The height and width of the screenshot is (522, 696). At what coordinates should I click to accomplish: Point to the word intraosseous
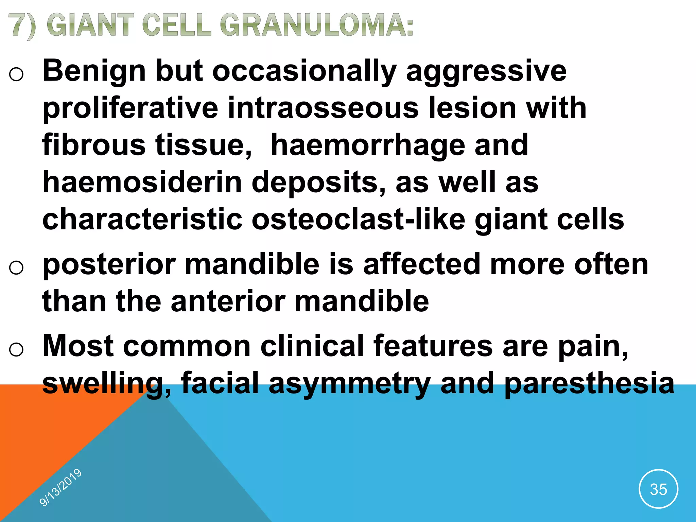click(323, 108)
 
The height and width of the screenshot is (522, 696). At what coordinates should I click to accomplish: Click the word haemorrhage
click(367, 145)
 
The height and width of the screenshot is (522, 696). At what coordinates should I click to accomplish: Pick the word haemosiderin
click(142, 182)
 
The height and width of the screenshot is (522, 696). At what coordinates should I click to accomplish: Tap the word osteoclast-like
click(358, 220)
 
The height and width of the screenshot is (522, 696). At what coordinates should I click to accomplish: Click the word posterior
click(109, 265)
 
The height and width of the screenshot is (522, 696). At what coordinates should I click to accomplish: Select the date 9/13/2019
click(60, 487)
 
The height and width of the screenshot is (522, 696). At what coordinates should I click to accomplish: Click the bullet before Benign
click(16, 74)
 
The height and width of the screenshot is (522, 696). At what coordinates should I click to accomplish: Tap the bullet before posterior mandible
click(16, 267)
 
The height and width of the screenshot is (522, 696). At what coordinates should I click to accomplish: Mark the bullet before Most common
click(16, 349)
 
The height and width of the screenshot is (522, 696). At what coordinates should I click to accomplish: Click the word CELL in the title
click(176, 25)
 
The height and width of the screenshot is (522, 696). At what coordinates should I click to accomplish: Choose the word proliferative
click(130, 108)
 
